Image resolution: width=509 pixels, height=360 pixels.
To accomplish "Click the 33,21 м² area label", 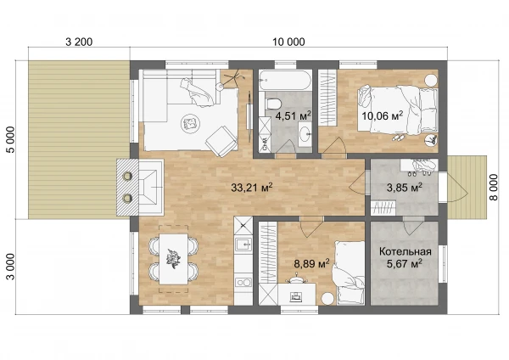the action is tap(252, 188).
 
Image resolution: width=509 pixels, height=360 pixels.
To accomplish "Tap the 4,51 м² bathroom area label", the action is tap(293, 115).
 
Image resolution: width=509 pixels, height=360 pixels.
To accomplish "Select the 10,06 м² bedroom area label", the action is tap(382, 115).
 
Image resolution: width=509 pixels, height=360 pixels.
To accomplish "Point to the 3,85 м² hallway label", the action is tap(405, 188).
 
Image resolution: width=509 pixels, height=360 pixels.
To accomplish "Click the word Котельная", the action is tap(406, 251).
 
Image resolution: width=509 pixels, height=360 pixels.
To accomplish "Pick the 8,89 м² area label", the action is tap(311, 263).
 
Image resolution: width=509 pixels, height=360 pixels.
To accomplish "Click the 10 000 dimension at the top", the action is tap(288, 42).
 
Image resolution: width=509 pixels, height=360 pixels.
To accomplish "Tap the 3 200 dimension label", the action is tap(79, 42).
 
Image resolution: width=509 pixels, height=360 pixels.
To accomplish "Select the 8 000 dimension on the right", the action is tap(493, 188).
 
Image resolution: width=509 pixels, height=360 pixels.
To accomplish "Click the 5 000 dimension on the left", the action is tap(11, 140).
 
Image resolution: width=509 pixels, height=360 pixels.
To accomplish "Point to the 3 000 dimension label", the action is tap(11, 267).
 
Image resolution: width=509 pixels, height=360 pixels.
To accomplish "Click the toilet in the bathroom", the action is tap(272, 103).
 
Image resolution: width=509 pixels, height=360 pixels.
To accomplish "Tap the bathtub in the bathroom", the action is tap(285, 81).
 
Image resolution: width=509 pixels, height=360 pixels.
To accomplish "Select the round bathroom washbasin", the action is tap(305, 134).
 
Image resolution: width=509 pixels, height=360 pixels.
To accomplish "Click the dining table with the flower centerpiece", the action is tap(173, 259).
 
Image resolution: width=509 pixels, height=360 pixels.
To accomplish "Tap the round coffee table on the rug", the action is tap(189, 123).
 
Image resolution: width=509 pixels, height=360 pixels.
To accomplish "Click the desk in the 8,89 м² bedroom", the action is tap(297, 294).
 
